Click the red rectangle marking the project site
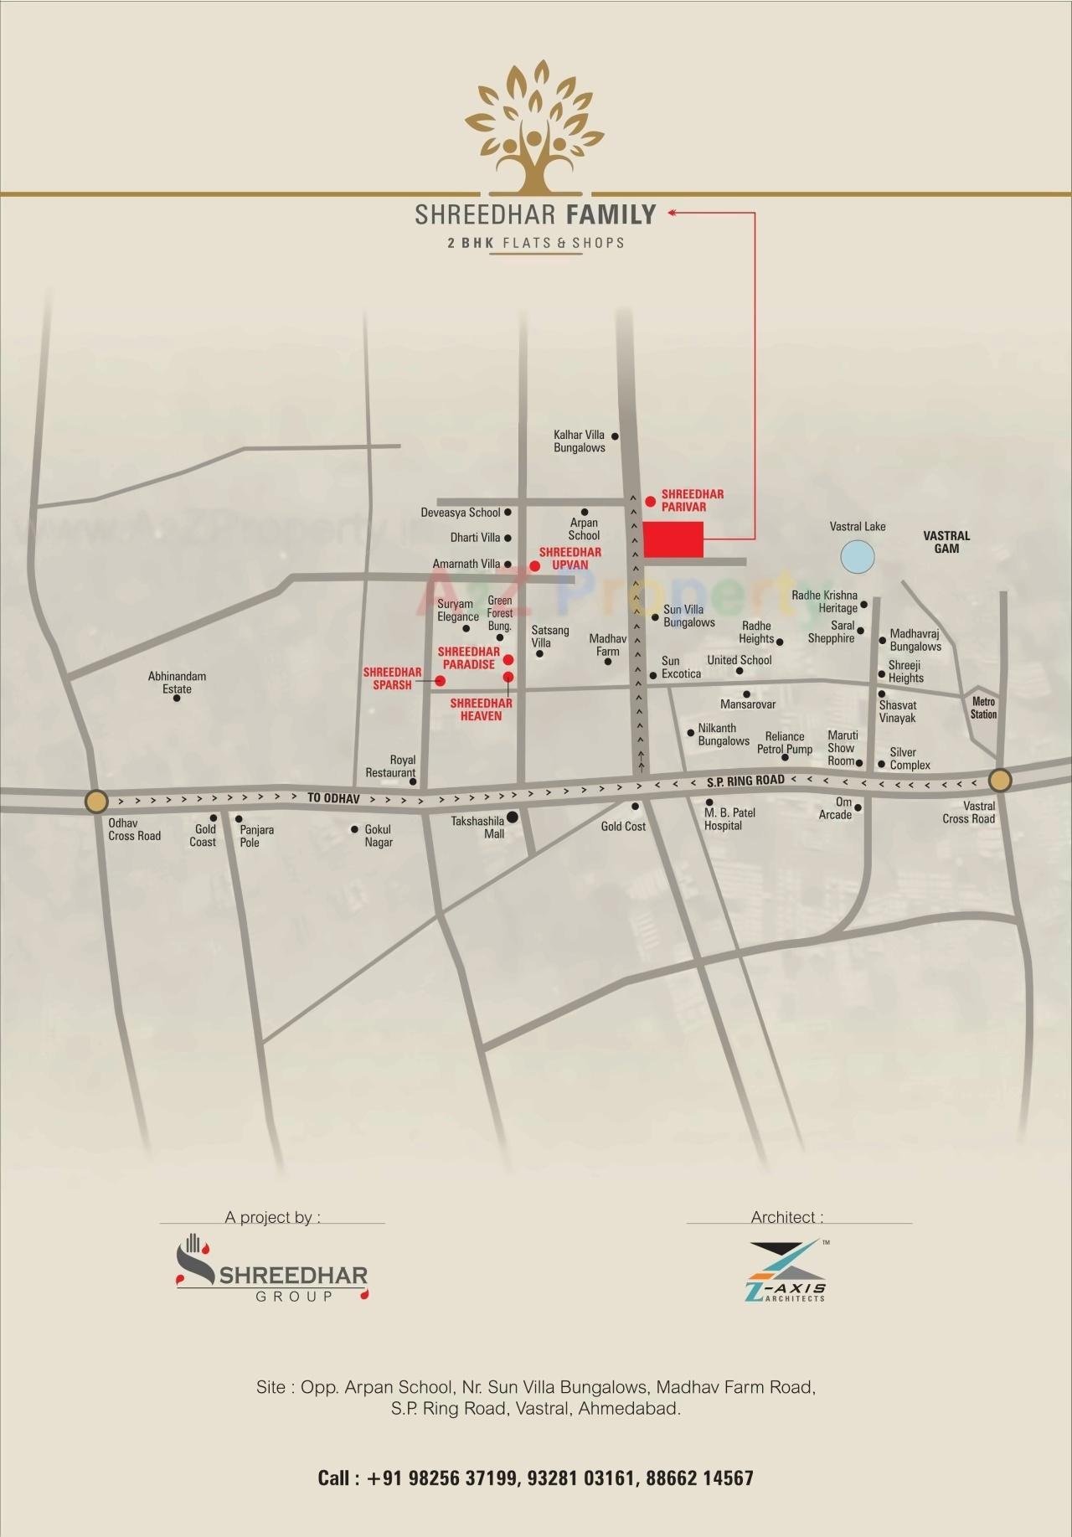pyautogui.click(x=673, y=539)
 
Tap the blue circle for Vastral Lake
pyautogui.click(x=858, y=557)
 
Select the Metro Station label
pyautogui.click(x=983, y=708)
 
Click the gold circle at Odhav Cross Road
pyautogui.click(x=96, y=802)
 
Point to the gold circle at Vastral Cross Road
pyautogui.click(x=999, y=781)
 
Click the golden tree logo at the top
pyautogui.click(x=534, y=126)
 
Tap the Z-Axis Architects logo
pyautogui.click(x=785, y=1271)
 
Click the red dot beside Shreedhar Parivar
pyautogui.click(x=651, y=501)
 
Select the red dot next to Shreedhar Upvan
pyautogui.click(x=534, y=566)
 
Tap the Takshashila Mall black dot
pyautogui.click(x=512, y=817)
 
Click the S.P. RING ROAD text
pyautogui.click(x=745, y=781)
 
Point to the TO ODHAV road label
pyautogui.click(x=333, y=798)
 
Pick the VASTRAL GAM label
pyautogui.click(x=946, y=542)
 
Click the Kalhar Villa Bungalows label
pyautogui.click(x=579, y=441)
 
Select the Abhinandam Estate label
pyautogui.click(x=177, y=683)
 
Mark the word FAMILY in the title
pyautogui.click(x=611, y=215)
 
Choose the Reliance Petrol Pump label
pyautogui.click(x=785, y=743)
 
